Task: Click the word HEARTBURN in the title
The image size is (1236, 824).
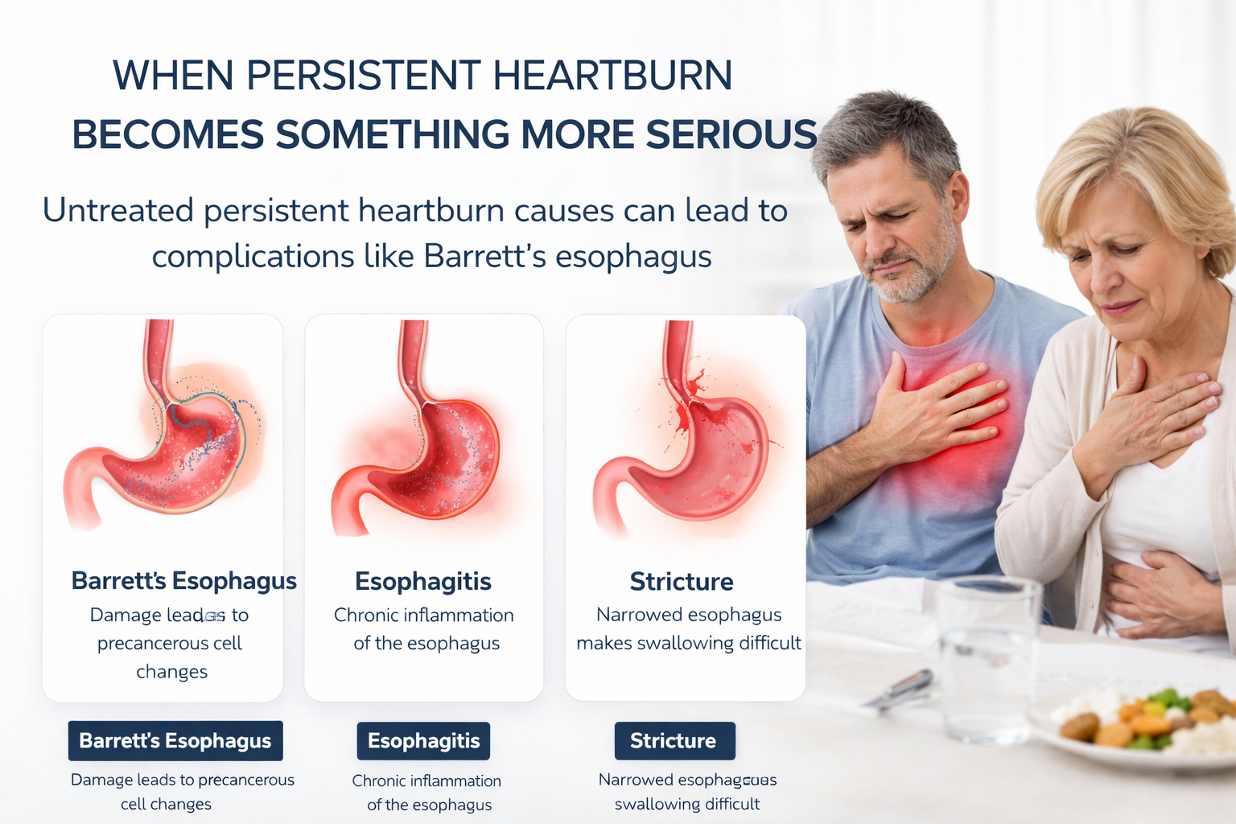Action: pyautogui.click(x=612, y=76)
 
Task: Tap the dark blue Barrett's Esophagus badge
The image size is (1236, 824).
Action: pyautogui.click(x=175, y=740)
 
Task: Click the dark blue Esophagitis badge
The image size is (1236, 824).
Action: pyautogui.click(x=423, y=740)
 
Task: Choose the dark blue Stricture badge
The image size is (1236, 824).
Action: pyautogui.click(x=674, y=740)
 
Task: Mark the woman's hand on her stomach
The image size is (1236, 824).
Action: pyautogui.click(x=1159, y=591)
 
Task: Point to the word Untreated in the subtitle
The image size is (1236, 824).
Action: pyautogui.click(x=118, y=211)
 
